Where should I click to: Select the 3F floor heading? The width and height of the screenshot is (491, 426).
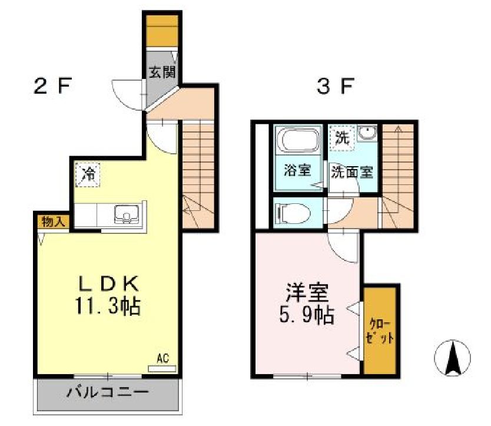point(334,87)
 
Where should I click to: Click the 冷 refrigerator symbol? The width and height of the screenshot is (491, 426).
point(88,175)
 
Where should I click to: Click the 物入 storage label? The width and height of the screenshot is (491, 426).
point(54,222)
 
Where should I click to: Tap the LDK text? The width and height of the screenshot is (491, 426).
point(109,285)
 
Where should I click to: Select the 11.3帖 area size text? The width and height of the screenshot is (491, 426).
point(109,307)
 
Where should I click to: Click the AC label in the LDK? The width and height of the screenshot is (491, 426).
point(163,358)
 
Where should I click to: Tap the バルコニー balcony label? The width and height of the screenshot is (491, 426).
point(107,392)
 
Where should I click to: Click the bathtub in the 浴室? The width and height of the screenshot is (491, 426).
point(299,141)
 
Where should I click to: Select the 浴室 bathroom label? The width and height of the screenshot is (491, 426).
point(297,171)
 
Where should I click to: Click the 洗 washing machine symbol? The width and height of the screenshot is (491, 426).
point(341,138)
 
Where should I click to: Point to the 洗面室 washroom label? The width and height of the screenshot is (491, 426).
point(351,172)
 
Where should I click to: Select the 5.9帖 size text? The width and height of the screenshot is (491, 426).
point(307,316)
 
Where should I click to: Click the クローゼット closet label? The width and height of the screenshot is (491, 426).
point(379,331)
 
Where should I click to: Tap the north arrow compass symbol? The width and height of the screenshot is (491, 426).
point(453,358)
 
